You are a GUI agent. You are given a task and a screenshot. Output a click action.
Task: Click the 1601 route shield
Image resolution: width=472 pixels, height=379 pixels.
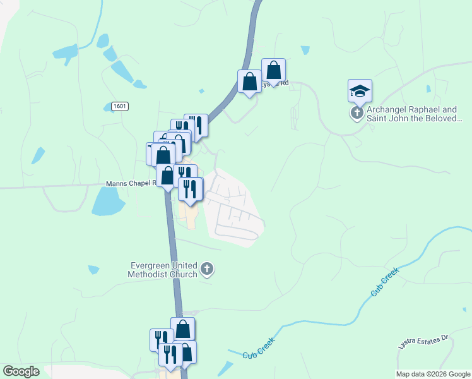pos(119,106)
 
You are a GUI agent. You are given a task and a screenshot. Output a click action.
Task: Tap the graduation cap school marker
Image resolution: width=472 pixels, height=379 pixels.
pos(360,91)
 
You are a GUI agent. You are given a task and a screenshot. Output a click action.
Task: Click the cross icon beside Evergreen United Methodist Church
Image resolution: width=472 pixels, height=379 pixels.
pos(206,270)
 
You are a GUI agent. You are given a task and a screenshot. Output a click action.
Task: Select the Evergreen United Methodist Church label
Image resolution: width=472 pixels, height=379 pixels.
pos(163,270)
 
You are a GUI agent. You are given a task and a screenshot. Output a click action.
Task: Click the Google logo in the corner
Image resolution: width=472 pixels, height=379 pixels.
pos(21,371)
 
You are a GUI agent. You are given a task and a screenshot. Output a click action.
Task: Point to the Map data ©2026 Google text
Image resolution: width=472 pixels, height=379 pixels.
pos(433,374)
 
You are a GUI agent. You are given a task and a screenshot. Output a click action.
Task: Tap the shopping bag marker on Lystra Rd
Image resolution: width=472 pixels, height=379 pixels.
pos(274,70)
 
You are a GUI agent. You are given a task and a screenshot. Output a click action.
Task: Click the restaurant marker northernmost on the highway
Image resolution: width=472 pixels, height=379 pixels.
pos(196,126)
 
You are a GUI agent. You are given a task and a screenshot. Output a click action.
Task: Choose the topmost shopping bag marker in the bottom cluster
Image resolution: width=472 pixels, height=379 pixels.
pos(182,328)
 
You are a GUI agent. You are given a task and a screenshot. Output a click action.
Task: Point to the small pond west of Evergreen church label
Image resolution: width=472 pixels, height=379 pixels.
pos(93,270)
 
